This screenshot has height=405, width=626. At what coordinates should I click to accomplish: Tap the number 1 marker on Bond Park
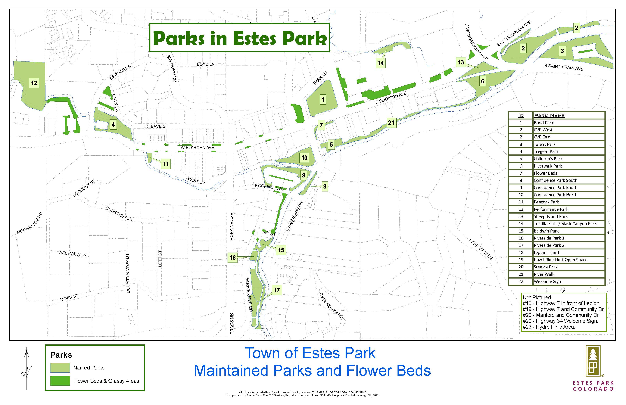[x=323, y=99]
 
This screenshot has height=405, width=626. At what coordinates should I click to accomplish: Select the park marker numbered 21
[x=391, y=123]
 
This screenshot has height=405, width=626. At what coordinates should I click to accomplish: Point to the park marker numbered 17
[x=277, y=290]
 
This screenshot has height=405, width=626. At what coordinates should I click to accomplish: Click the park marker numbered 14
[x=380, y=63]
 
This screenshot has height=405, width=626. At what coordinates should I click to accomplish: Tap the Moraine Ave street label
[x=231, y=227]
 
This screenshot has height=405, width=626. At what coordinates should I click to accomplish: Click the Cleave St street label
[x=156, y=126]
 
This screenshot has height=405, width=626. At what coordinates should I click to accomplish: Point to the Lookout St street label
[x=84, y=188]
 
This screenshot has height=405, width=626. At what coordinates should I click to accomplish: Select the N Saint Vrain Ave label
[x=564, y=67]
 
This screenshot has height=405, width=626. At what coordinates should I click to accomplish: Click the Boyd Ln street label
[x=206, y=64]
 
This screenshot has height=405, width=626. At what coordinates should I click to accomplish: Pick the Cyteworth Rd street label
[x=331, y=305]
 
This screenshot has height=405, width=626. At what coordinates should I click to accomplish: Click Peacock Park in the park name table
[x=546, y=202]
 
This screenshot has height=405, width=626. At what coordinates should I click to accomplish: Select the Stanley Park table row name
[x=546, y=267]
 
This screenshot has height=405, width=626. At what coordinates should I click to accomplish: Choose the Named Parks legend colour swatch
[x=60, y=367]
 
